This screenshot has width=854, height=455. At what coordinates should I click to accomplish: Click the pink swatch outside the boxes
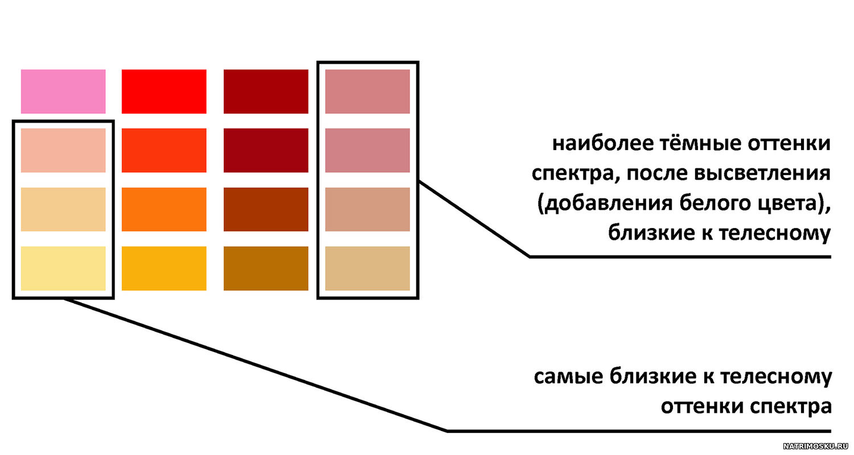[x=63, y=92]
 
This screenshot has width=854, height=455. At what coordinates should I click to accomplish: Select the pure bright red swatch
[x=164, y=92]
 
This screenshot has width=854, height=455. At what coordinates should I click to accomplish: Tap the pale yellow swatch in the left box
[x=63, y=268]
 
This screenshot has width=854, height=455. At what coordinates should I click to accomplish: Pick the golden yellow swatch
[x=164, y=268]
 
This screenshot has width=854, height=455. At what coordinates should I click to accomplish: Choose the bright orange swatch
[x=164, y=209]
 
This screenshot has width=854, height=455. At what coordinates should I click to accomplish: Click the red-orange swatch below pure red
[x=164, y=150]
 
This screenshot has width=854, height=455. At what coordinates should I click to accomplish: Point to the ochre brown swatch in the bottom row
[x=266, y=268]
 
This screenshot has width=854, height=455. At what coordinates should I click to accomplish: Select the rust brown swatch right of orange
[x=266, y=209]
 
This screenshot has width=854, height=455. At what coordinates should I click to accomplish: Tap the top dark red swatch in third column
[x=266, y=92]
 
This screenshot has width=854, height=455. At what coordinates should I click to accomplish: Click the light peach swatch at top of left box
[x=63, y=150]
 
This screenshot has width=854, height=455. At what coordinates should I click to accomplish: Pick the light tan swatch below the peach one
[x=63, y=209]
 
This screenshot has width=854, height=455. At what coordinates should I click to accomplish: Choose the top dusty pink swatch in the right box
[x=368, y=92]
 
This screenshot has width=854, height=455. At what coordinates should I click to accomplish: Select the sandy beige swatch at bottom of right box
[x=368, y=268]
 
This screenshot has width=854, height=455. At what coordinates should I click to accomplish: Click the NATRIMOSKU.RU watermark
[x=814, y=446]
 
